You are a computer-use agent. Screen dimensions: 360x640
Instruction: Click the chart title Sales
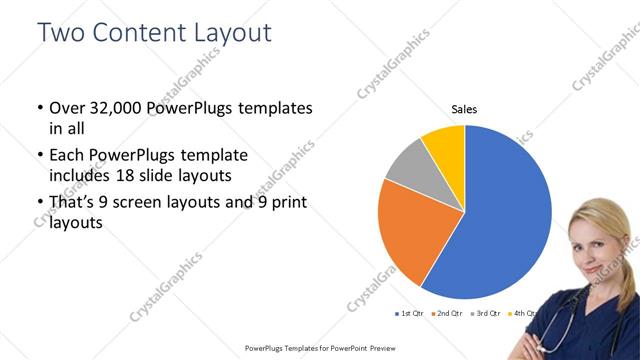click(464, 108)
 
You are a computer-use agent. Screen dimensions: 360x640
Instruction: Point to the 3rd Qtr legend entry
click(485, 314)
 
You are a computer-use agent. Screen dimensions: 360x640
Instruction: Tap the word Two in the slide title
click(61, 32)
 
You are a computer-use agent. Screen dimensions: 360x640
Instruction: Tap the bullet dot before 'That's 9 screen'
click(39, 203)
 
